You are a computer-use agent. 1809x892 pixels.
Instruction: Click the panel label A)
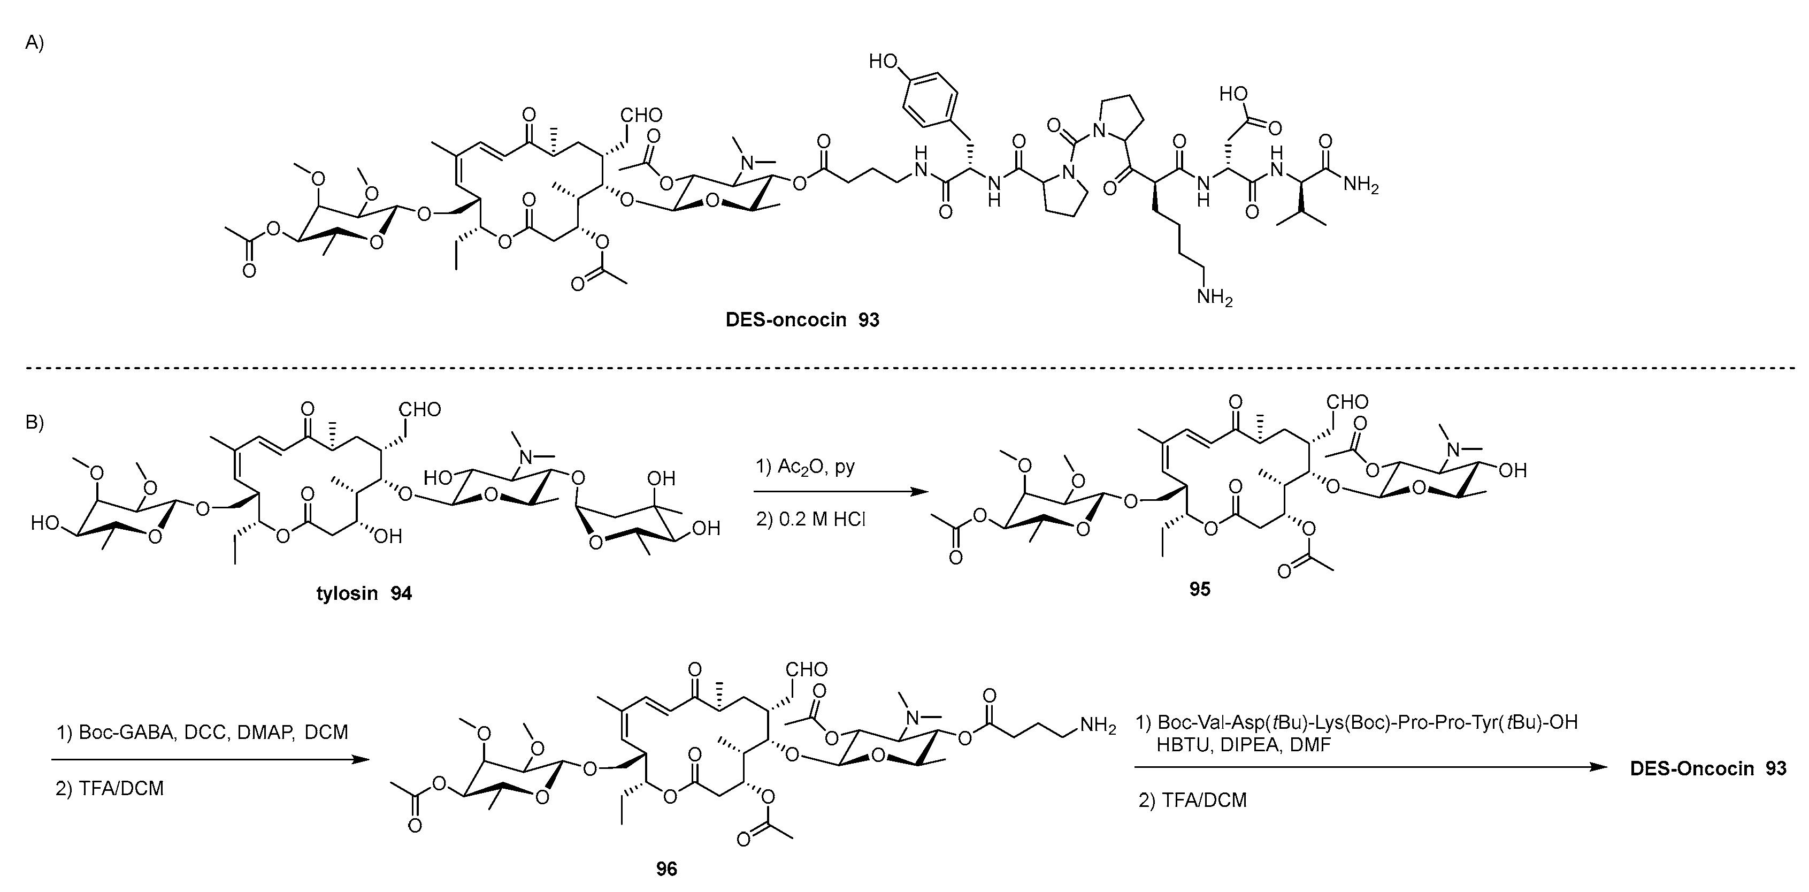pos(34,43)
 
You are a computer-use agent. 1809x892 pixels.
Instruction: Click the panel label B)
pos(34,423)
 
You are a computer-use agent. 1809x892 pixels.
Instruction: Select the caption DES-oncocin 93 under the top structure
pos(802,321)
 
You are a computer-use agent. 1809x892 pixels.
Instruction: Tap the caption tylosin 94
pos(364,593)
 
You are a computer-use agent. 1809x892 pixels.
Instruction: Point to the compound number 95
pos(1199,589)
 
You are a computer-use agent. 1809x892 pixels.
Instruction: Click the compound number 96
pos(666,870)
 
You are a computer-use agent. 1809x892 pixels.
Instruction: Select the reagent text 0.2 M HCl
pos(810,519)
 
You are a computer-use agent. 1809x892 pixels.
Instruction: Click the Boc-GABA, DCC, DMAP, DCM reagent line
pos(202,733)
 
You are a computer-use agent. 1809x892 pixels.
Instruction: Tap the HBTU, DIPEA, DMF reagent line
pos(1244,744)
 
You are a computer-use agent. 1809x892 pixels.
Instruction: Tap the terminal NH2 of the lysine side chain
pos(1214,297)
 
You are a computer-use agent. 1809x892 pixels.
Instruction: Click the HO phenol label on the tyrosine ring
pos(884,62)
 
